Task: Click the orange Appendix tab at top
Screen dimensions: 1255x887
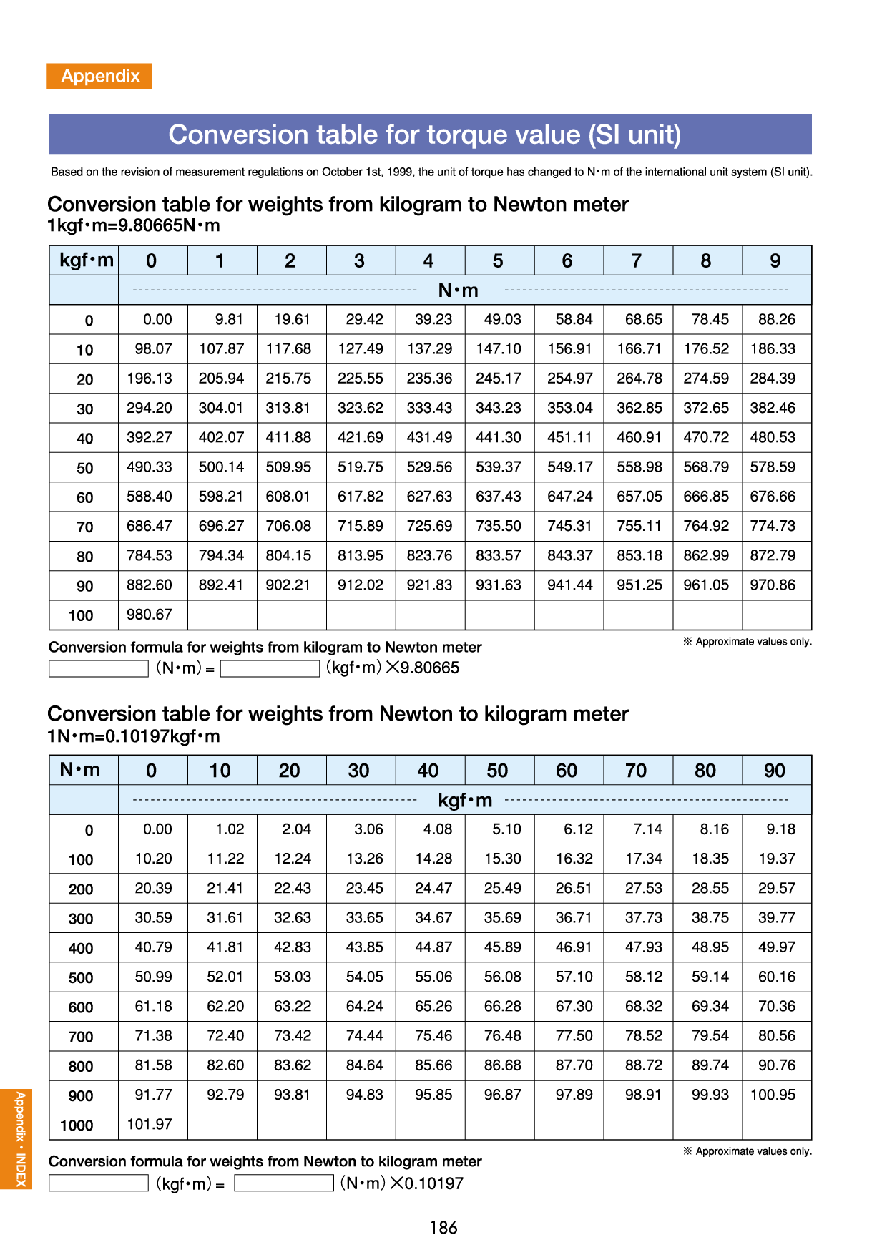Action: coord(99,76)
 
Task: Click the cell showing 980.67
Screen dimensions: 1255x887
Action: coord(150,615)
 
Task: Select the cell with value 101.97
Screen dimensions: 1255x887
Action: coord(150,1124)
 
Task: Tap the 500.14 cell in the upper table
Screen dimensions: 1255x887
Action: coord(221,467)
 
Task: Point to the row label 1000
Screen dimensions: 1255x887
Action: coord(77,1125)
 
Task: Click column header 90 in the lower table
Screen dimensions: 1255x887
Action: coord(775,771)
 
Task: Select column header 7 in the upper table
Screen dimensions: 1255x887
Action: coord(636,261)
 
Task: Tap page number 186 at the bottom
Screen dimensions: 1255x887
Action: coord(443,1228)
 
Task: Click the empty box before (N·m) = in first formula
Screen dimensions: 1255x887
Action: coord(99,669)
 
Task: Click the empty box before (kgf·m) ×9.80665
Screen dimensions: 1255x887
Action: coord(270,669)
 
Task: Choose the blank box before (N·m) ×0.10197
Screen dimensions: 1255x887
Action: coord(284,1183)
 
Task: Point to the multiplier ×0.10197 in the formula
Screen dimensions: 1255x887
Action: coord(426,1183)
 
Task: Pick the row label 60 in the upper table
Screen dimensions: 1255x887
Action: coord(85,497)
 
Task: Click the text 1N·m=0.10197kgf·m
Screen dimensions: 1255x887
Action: coord(134,736)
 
